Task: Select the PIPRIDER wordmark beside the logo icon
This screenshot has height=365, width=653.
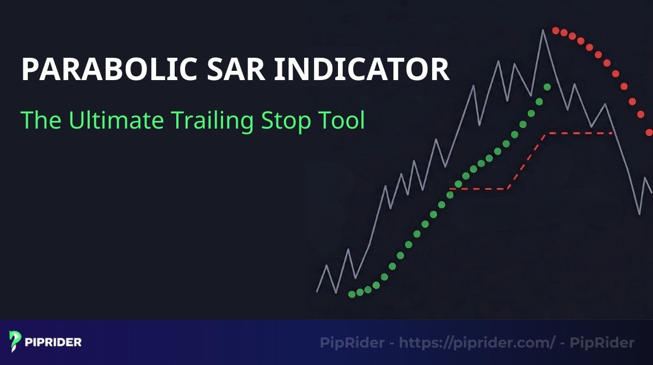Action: click(53, 343)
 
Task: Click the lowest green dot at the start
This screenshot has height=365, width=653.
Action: click(352, 294)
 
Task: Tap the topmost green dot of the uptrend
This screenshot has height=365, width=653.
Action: click(547, 87)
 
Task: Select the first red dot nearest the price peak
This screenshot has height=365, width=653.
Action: click(555, 31)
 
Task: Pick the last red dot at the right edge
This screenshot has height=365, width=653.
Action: click(649, 132)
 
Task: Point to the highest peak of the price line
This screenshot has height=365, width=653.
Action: click(543, 31)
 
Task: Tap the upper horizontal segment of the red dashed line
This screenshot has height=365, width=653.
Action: click(580, 132)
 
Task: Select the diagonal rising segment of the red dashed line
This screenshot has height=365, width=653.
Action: click(528, 161)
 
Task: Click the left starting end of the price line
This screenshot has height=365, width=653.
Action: click(317, 290)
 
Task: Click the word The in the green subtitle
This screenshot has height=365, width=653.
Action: click(36, 120)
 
